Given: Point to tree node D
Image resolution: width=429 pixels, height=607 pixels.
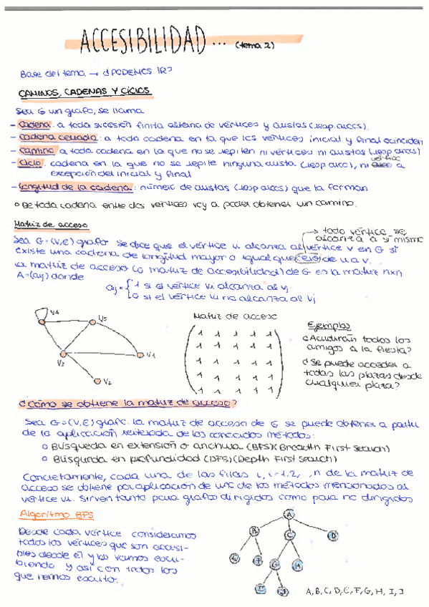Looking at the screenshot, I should pyautogui.click(x=332, y=535).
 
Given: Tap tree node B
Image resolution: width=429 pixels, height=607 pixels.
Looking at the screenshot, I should pyautogui.click(x=254, y=530).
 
